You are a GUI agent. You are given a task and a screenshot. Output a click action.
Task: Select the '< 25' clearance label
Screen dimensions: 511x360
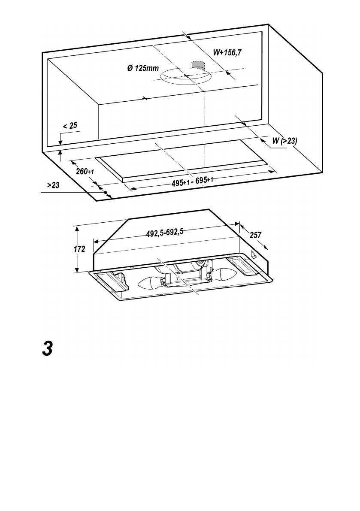click(70, 126)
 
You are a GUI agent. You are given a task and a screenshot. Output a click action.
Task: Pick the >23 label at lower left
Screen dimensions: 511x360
click(53, 185)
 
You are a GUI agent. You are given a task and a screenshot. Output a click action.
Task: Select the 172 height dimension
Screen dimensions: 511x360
click(80, 249)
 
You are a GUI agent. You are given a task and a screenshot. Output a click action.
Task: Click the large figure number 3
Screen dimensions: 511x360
click(47, 348)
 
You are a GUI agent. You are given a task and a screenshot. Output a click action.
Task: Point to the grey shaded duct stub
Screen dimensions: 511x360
click(198, 64)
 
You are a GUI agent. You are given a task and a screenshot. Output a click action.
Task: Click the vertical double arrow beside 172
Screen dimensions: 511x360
click(76, 249)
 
